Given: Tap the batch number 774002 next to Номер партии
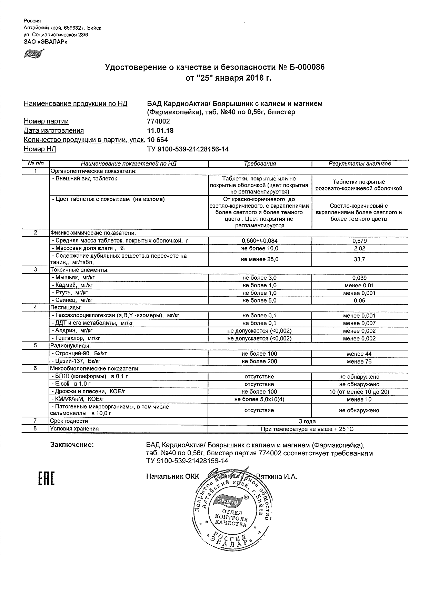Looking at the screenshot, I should (158, 121).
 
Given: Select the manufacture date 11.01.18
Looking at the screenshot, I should (160, 131).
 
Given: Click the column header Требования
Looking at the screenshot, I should (260, 164).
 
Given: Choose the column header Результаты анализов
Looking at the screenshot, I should (359, 164).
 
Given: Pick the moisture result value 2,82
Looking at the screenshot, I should (359, 249).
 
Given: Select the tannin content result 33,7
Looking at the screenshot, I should (359, 259).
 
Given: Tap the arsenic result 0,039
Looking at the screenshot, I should (359, 278).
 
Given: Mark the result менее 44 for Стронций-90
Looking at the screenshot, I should (359, 354).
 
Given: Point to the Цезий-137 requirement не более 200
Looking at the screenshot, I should (259, 361).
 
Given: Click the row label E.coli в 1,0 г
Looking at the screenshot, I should (71, 384).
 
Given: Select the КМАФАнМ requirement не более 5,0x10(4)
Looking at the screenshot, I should (259, 399).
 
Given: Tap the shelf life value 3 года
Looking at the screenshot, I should (308, 421).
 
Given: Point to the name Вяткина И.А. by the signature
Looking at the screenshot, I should (277, 477).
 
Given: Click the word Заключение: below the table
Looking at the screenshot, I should (72, 445).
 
